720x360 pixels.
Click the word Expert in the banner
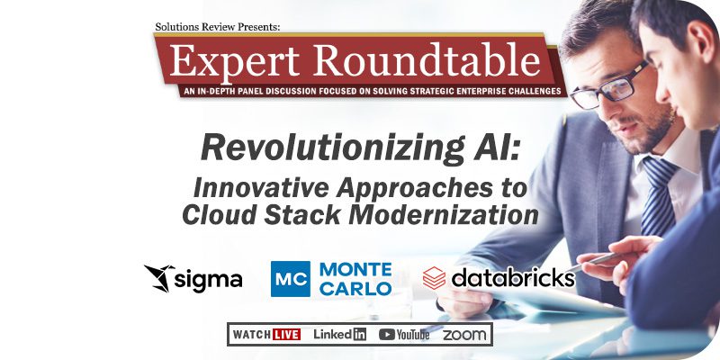235,60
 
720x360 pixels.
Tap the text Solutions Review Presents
217,27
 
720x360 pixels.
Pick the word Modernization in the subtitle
444,215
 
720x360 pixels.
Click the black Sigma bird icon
159,278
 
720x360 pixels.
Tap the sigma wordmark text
209,280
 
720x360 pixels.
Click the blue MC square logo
290,279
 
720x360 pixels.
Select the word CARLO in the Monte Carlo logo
355,288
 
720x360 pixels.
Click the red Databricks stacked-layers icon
434,278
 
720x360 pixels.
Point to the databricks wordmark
513,278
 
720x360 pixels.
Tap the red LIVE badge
286,334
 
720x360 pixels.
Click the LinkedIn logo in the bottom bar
340,334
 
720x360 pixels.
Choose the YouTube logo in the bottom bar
404,335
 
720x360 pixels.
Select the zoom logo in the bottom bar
464,335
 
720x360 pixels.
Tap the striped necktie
657,196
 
